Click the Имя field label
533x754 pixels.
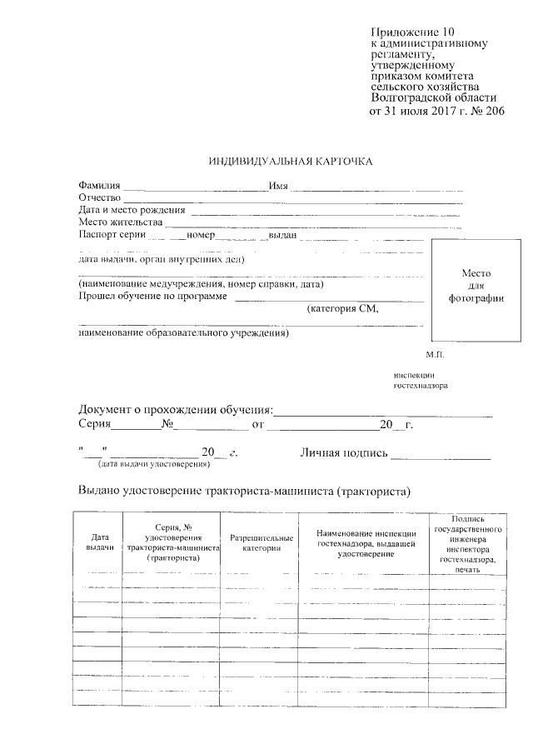278,185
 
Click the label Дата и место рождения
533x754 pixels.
132,210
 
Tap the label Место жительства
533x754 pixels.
121,222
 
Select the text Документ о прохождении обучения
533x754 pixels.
176,411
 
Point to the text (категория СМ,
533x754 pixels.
343,309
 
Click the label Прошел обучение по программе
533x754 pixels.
152,297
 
